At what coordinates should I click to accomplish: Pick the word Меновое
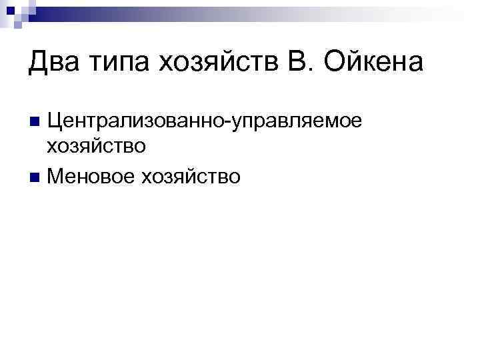point(91,177)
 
